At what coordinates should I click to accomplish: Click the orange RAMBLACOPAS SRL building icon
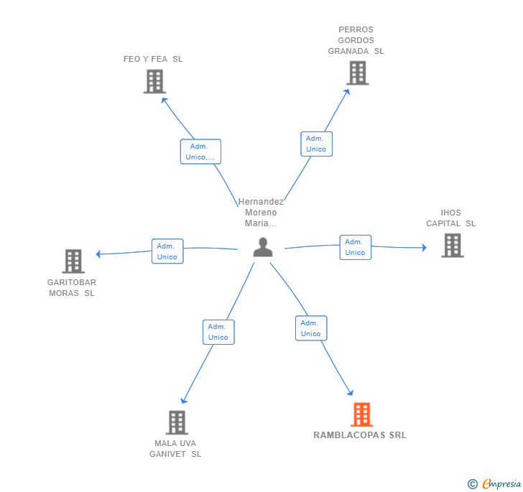(361, 414)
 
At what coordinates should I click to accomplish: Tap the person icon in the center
(263, 247)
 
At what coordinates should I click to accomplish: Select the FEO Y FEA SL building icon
(154, 81)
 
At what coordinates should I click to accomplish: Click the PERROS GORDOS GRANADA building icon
(358, 73)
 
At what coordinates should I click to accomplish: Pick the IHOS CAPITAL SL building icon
(453, 246)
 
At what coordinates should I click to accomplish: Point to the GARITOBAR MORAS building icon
(73, 261)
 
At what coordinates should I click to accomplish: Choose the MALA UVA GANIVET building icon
(177, 422)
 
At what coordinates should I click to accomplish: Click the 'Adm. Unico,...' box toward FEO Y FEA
(200, 152)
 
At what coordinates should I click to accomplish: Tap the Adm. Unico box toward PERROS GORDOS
(316, 144)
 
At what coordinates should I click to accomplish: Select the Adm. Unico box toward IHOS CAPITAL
(355, 247)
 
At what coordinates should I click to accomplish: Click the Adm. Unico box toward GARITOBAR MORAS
(167, 251)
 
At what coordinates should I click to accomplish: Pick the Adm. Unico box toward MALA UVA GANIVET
(218, 332)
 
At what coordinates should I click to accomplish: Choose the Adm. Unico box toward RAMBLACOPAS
(311, 328)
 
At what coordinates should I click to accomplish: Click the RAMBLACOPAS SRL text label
(360, 435)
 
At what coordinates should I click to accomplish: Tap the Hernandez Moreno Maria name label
(261, 213)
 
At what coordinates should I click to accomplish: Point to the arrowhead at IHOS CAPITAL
(425, 248)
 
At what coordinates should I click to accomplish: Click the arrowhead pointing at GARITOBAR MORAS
(98, 254)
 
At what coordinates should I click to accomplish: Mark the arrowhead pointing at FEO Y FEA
(164, 100)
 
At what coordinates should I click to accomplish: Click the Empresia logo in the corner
(494, 483)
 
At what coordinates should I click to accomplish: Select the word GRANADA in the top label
(348, 51)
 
